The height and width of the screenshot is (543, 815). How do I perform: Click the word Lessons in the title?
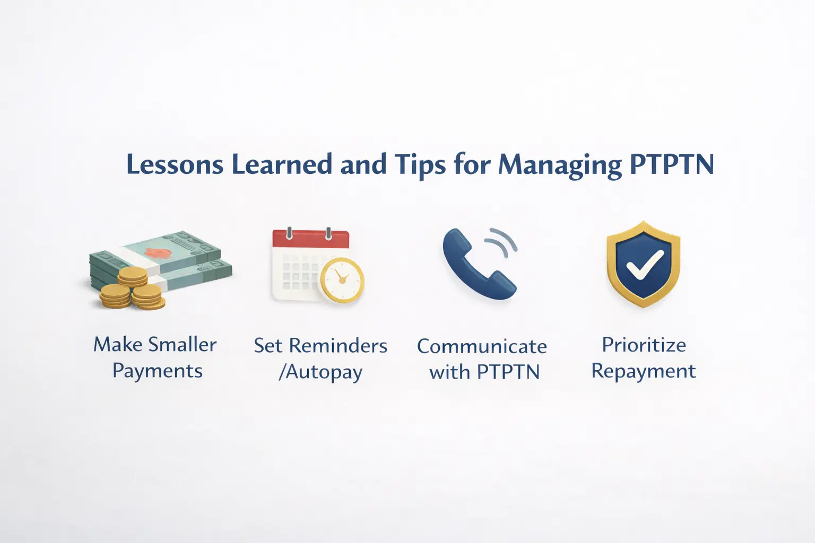tap(175, 164)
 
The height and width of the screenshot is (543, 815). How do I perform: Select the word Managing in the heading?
tap(559, 165)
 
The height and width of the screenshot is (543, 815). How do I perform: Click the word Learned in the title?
tap(281, 164)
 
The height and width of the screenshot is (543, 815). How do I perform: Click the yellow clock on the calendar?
tap(342, 280)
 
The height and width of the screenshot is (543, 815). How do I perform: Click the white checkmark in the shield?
tap(644, 264)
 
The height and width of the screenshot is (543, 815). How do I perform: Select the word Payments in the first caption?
tap(157, 371)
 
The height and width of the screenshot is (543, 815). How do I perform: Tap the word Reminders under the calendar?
tap(337, 346)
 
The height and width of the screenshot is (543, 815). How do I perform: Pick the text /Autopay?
tap(320, 372)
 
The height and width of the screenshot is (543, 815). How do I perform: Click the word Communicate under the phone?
tap(482, 346)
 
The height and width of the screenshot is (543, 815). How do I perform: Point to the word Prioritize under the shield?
tap(644, 345)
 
